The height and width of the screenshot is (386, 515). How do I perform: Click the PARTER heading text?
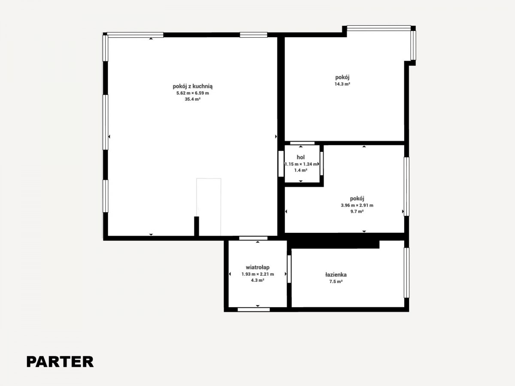[x=60, y=362]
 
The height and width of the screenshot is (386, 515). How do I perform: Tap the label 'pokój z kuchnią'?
[x=193, y=86]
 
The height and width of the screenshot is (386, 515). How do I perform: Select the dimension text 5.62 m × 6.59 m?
[x=193, y=93]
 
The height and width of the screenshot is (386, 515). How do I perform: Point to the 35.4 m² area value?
[x=193, y=99]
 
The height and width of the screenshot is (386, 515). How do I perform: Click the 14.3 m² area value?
[x=342, y=84]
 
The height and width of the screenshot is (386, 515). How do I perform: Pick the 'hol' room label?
[x=301, y=157]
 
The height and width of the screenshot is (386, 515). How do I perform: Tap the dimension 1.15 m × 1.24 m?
[x=301, y=164]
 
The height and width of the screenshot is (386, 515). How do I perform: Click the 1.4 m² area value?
[x=301, y=170]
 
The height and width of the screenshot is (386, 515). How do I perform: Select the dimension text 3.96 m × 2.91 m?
[x=357, y=205]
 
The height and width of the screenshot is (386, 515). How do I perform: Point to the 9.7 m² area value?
[x=357, y=211]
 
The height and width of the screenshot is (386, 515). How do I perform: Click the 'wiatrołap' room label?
[x=257, y=267]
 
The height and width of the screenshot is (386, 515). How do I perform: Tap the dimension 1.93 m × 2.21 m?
[x=258, y=274]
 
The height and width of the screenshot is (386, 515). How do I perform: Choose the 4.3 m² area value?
[x=257, y=280]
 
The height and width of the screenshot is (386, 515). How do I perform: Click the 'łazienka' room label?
[x=336, y=274]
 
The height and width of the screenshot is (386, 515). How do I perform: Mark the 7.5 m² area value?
[x=336, y=281]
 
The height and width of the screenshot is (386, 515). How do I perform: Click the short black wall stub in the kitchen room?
[x=197, y=226]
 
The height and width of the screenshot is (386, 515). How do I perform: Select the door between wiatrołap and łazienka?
[x=289, y=269]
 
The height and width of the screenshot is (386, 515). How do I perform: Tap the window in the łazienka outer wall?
[x=406, y=273]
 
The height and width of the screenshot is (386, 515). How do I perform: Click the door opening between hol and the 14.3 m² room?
[x=302, y=143]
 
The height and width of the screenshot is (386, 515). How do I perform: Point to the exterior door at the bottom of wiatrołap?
[x=254, y=310]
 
